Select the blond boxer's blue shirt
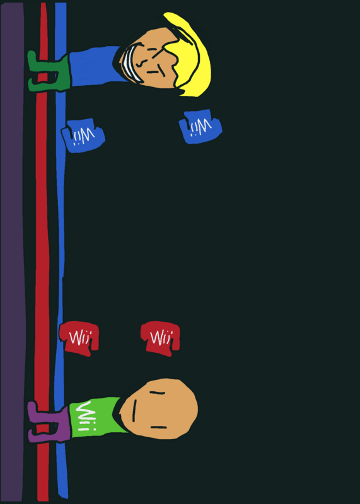point(93,67)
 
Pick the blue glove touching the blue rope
point(83,135)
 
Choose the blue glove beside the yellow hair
point(200,127)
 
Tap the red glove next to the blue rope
point(79,338)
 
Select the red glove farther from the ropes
point(160,338)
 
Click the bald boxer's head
point(160,409)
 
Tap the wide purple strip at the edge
point(12,252)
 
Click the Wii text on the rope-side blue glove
point(84,135)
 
